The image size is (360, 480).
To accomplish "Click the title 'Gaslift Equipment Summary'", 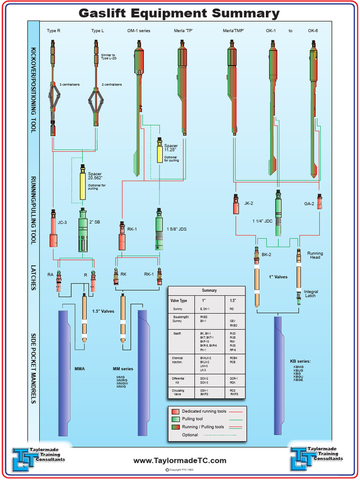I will pyautogui.click(x=179, y=13).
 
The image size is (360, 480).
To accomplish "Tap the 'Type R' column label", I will pyautogui.click(x=53, y=31).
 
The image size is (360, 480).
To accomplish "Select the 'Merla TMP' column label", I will pyautogui.click(x=233, y=31).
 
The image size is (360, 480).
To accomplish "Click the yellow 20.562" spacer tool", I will pyautogui.click(x=83, y=185).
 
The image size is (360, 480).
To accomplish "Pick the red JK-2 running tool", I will pyautogui.click(x=236, y=204).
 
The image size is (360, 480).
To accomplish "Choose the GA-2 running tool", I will pyautogui.click(x=319, y=202).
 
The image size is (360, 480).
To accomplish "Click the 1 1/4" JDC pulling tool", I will pyautogui.click(x=278, y=214).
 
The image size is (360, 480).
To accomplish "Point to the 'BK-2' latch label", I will pyautogui.click(x=267, y=255).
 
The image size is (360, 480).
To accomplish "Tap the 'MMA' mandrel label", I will pyautogui.click(x=80, y=368).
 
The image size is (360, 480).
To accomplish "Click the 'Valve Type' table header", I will pyautogui.click(x=179, y=300).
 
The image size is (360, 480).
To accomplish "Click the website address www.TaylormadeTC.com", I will pyautogui.click(x=180, y=461).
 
